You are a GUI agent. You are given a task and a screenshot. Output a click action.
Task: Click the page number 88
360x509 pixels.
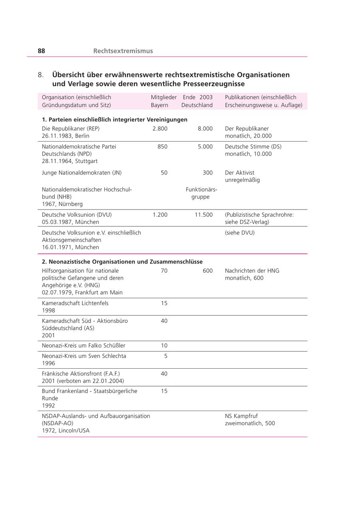(41, 51)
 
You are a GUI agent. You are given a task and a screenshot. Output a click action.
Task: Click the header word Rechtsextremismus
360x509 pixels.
(123, 51)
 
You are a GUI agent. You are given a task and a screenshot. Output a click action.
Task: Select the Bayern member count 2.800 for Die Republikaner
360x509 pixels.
(160, 129)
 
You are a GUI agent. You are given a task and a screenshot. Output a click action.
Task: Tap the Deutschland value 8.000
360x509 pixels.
(205, 129)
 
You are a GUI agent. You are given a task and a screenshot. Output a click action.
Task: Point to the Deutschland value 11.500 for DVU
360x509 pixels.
(204, 215)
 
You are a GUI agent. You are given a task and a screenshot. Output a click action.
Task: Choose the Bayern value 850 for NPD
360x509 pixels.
(162, 147)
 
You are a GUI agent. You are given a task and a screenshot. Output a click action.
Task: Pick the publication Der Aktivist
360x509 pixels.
(240, 173)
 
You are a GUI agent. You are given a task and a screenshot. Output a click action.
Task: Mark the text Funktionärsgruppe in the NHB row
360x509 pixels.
(201, 193)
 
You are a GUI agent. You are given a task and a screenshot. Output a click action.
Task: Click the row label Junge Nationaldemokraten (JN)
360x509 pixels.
(82, 173)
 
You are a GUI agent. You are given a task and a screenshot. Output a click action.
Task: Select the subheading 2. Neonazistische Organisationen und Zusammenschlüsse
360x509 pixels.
(122, 262)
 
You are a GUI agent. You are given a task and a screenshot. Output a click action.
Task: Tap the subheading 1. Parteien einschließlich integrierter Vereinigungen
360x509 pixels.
(114, 120)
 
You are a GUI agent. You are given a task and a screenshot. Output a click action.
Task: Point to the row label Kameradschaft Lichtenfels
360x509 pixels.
(75, 303)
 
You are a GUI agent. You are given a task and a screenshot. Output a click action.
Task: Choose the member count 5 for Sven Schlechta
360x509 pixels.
(166, 356)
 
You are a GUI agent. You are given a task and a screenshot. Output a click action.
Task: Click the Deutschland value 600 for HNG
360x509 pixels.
(208, 271)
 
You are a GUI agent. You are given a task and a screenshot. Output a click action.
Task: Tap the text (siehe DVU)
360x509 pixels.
(240, 233)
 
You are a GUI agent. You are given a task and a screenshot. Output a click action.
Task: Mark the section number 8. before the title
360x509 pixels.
(41, 75)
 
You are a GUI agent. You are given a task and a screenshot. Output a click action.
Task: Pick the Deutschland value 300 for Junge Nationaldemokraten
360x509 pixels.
(208, 173)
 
